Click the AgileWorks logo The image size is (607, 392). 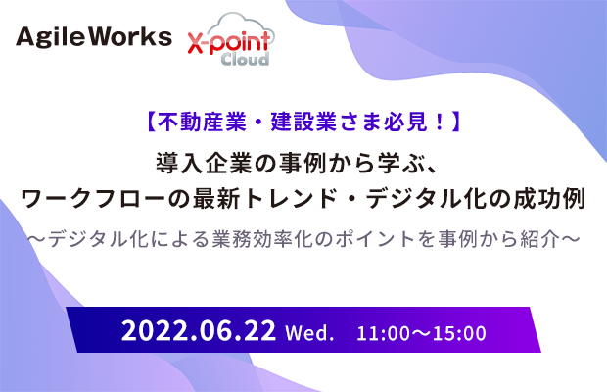pos(94,37)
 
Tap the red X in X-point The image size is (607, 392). pos(197,43)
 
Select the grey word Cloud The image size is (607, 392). pos(245,59)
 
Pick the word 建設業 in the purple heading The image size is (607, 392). pos(303,122)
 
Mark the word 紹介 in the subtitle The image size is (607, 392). pos(540,239)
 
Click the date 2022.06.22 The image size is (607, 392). pos(199,330)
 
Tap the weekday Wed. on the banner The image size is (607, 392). pos(309,333)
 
